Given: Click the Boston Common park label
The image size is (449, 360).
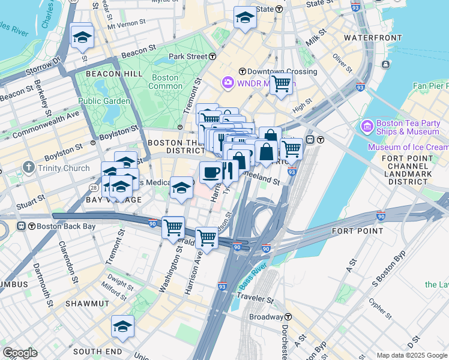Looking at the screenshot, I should [x=165, y=82].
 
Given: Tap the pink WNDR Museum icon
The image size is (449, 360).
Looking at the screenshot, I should [x=228, y=82].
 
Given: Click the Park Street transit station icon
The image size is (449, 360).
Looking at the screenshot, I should [x=213, y=56].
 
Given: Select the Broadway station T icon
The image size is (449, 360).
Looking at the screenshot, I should [x=288, y=317].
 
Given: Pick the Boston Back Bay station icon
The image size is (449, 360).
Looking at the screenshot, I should [x=22, y=226].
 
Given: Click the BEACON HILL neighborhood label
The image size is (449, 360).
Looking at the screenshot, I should [x=114, y=73].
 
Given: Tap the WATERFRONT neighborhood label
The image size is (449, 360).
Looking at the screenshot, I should [x=373, y=38].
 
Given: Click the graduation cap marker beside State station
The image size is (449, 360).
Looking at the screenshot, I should [x=245, y=18].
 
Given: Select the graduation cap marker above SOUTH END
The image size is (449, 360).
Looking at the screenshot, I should [x=122, y=326].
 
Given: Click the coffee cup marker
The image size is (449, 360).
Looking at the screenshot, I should [x=210, y=173].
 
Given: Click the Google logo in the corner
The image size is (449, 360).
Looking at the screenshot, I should [x=20, y=353].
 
